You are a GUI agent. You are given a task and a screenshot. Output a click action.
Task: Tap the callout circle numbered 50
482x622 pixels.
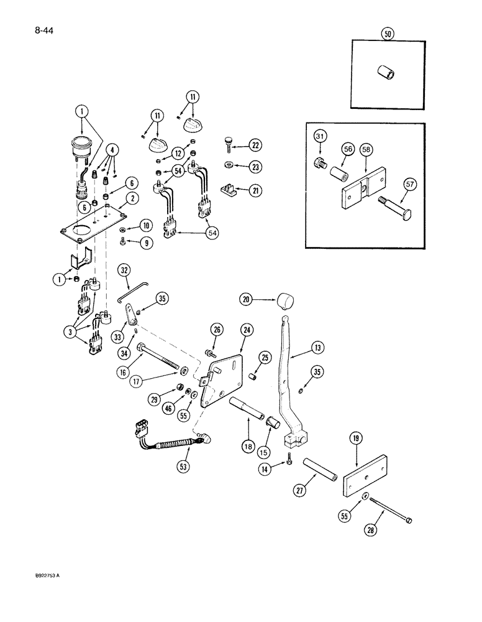tap(388, 34)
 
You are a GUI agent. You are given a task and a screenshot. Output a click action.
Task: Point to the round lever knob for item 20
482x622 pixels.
tap(284, 301)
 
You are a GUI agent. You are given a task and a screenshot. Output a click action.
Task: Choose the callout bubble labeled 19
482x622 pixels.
tap(355, 438)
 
